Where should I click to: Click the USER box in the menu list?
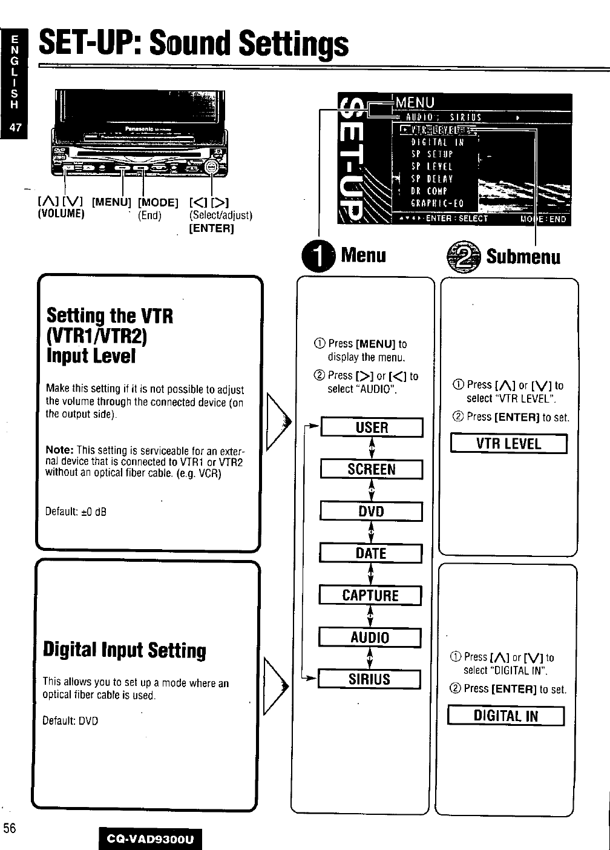pos(372,427)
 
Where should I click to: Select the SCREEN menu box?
pos(371,469)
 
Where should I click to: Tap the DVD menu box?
pos(371,512)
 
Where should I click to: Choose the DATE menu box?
pos(370,553)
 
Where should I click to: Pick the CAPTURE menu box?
pos(370,596)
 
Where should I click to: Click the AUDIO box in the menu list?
pos(370,637)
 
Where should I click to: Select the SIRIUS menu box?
pos(369,679)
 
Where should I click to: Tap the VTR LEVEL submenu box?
pos(508,444)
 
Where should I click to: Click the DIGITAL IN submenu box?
pos(505,716)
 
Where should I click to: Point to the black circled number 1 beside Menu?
pos(321,255)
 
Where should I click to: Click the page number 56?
pos(10,828)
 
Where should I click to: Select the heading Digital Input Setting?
pos(125,650)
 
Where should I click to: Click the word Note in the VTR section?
pos(59,450)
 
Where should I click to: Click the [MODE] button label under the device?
pos(158,202)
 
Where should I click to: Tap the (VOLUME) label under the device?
pos(61,214)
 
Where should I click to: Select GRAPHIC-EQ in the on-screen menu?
pos(437,204)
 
